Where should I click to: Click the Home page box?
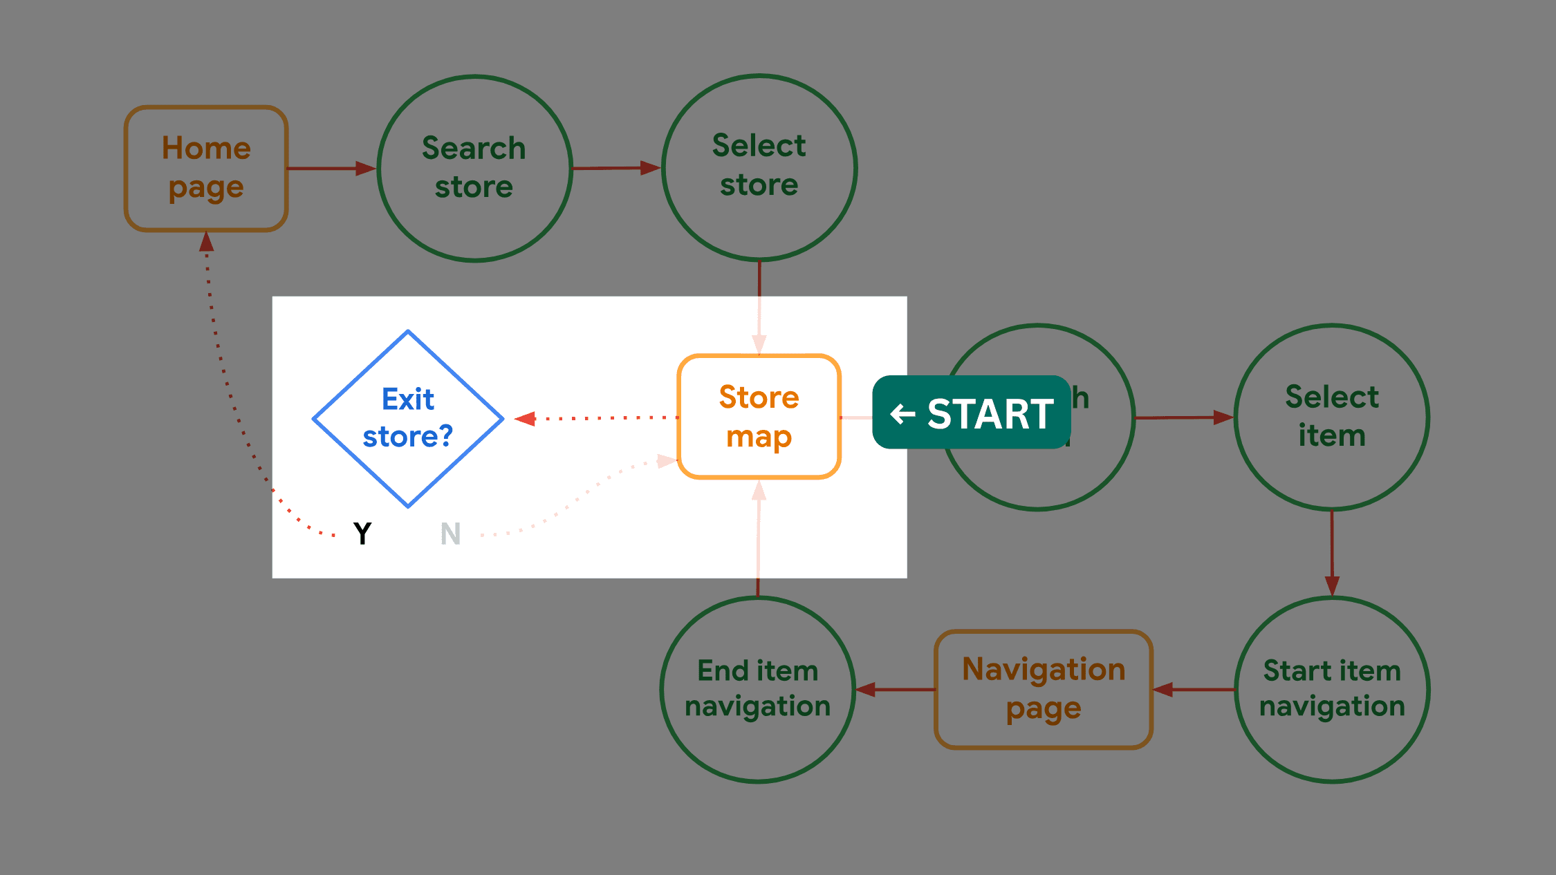click(206, 168)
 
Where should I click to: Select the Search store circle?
click(474, 168)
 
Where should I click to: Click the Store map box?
click(759, 417)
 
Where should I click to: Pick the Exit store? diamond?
click(408, 418)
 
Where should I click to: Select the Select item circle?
click(1331, 417)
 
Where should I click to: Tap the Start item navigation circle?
click(1331, 688)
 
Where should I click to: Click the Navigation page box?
click(1043, 689)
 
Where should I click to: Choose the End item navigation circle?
click(758, 688)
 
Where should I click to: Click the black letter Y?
click(362, 534)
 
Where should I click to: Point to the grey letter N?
click(450, 534)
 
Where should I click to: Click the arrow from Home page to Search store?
click(331, 168)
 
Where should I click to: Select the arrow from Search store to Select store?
click(615, 168)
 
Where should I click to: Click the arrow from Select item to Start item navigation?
click(1332, 553)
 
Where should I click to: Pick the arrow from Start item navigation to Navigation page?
click(1194, 689)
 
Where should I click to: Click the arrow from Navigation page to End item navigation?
click(895, 689)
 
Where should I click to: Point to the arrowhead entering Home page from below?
click(206, 242)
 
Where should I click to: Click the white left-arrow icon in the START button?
click(902, 413)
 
